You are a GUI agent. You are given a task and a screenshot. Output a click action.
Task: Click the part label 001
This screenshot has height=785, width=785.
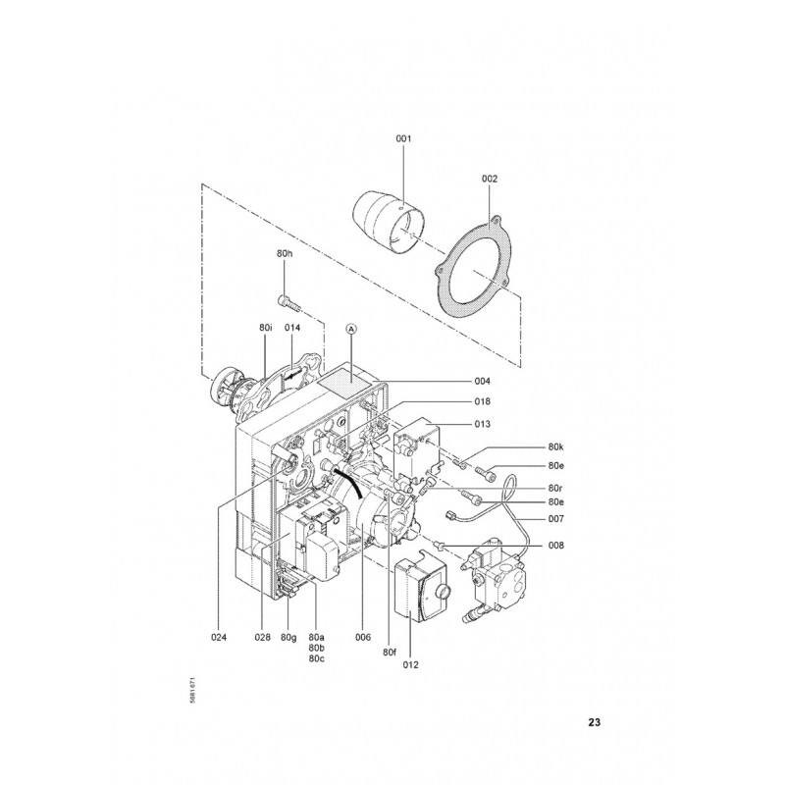[403, 138]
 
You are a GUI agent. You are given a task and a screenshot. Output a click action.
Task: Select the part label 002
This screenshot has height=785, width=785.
[490, 179]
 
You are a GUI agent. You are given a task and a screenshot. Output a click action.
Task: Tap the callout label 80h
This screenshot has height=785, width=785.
[285, 253]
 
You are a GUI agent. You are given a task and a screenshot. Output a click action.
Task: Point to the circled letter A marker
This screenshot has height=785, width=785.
[351, 329]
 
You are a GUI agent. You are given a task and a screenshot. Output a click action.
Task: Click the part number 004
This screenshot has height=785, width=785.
[483, 382]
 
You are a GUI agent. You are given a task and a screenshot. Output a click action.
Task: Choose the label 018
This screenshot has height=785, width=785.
[483, 401]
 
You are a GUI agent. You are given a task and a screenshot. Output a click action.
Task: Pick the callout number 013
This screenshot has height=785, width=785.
[483, 424]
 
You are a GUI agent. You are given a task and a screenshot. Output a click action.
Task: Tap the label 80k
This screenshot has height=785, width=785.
[555, 447]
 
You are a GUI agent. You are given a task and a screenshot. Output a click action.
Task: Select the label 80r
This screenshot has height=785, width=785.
[555, 488]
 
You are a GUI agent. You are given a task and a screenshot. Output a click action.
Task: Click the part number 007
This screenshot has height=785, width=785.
[555, 519]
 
